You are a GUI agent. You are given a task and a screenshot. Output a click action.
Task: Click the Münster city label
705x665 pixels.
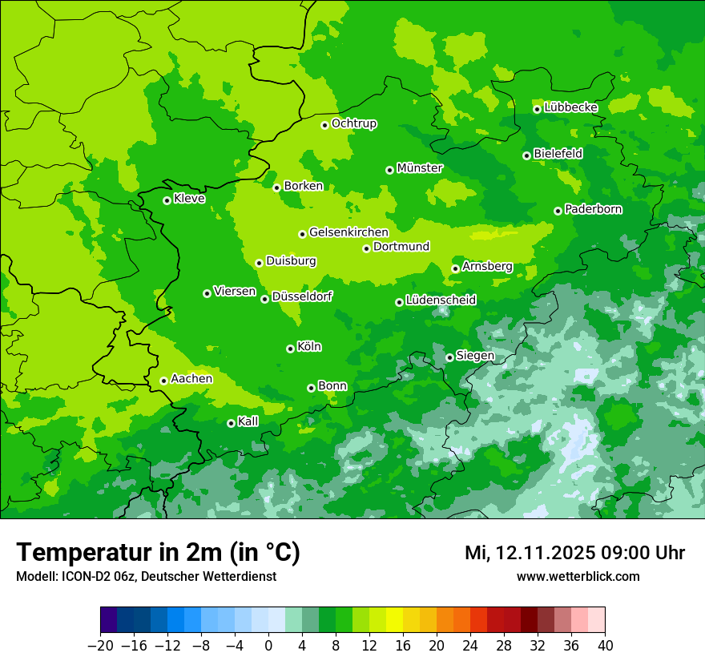(x=420, y=168)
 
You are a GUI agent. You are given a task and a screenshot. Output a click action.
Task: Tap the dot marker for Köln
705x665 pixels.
(x=290, y=349)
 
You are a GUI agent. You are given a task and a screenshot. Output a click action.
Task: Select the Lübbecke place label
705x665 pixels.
(x=571, y=107)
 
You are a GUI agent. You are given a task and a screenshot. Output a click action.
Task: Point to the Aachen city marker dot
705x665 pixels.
(x=163, y=381)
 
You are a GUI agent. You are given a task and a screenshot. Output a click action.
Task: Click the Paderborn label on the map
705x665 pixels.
(x=594, y=209)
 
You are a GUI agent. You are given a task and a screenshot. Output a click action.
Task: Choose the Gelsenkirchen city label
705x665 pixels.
(x=348, y=232)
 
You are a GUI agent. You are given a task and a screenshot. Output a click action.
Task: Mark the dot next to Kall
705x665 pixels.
(x=231, y=423)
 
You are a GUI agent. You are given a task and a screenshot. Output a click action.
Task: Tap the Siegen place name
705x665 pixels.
(x=475, y=356)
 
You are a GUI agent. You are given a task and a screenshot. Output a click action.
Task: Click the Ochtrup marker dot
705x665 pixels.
(x=324, y=125)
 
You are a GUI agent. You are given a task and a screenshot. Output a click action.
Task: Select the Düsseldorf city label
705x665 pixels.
(x=302, y=296)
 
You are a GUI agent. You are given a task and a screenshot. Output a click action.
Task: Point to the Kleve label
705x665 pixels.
(x=189, y=199)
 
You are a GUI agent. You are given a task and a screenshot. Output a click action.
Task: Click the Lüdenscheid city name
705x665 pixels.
(x=441, y=300)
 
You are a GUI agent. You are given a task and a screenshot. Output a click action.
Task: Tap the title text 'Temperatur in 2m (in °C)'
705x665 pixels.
(x=158, y=553)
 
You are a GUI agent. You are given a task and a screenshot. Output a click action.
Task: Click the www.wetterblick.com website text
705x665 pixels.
(x=578, y=576)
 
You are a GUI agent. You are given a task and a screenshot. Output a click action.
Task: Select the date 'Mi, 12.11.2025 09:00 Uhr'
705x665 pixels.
(x=574, y=553)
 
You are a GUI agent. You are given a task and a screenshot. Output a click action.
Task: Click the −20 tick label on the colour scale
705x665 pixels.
(x=100, y=646)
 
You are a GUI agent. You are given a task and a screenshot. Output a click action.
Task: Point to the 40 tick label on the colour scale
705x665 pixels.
(x=605, y=646)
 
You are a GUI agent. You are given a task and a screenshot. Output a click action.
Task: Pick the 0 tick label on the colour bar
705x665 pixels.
(x=268, y=646)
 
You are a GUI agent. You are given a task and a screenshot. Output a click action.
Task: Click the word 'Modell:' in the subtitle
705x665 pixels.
(x=35, y=576)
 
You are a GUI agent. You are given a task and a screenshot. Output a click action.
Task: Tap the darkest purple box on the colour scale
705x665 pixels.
(x=109, y=620)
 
